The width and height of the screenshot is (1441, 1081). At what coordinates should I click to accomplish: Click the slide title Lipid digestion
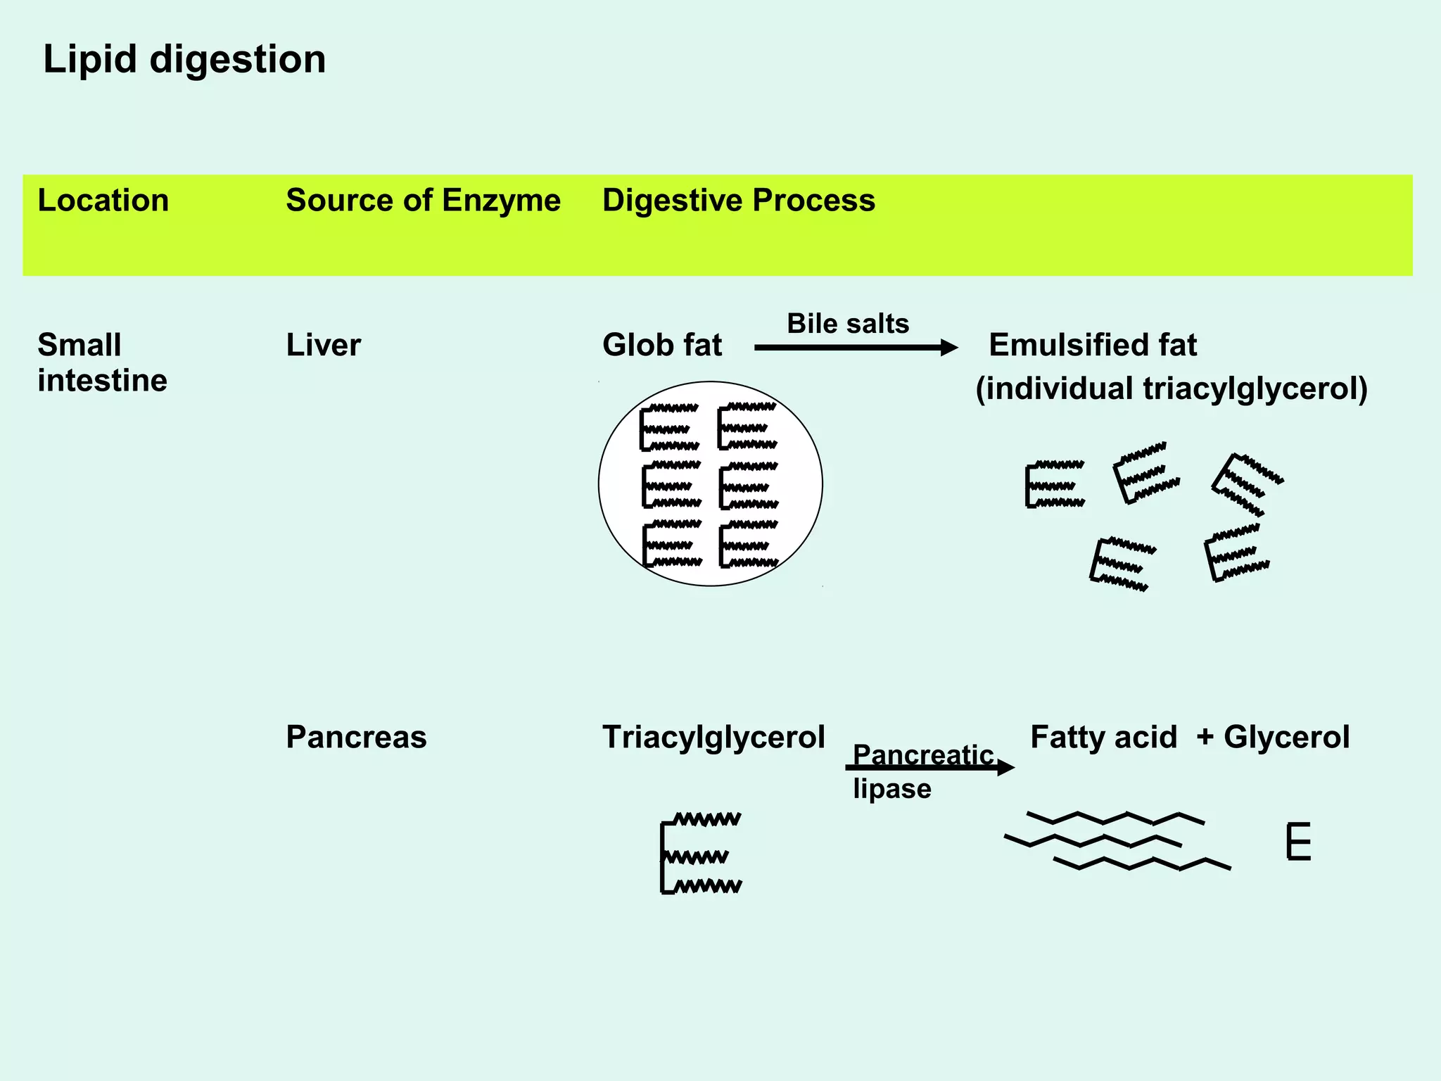pyautogui.click(x=184, y=59)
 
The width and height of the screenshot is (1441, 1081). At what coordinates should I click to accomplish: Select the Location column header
pyautogui.click(x=103, y=201)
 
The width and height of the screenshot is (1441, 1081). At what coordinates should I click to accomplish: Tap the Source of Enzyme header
pyautogui.click(x=423, y=201)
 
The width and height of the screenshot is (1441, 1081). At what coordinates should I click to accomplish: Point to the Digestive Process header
pyautogui.click(x=738, y=201)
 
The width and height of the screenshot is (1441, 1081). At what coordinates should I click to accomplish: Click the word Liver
pyautogui.click(x=323, y=346)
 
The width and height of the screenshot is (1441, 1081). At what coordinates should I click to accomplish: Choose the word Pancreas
pyautogui.click(x=356, y=738)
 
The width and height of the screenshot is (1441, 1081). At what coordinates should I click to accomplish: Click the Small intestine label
pyautogui.click(x=102, y=362)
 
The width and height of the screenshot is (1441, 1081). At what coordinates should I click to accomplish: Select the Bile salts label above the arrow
pyautogui.click(x=847, y=324)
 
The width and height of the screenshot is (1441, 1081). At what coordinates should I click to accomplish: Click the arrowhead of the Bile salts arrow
pyautogui.click(x=950, y=348)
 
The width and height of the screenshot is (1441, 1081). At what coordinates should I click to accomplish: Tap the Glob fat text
pyautogui.click(x=661, y=346)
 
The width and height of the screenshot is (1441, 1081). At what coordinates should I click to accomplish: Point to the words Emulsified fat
pyautogui.click(x=1092, y=346)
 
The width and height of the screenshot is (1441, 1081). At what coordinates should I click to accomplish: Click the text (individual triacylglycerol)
pyautogui.click(x=1171, y=388)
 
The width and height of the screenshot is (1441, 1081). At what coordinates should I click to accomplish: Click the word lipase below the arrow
pyautogui.click(x=891, y=789)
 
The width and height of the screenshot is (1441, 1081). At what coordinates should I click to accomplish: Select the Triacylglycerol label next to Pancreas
pyautogui.click(x=713, y=738)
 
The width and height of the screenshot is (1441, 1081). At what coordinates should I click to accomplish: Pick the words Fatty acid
pyautogui.click(x=1103, y=738)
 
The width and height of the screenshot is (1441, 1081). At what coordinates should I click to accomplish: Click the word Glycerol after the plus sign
pyautogui.click(x=1286, y=738)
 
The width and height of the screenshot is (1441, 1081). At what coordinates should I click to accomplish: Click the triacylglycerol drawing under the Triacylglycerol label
pyautogui.click(x=701, y=854)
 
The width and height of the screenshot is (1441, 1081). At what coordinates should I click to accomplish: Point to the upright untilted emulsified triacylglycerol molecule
pyautogui.click(x=1054, y=484)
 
